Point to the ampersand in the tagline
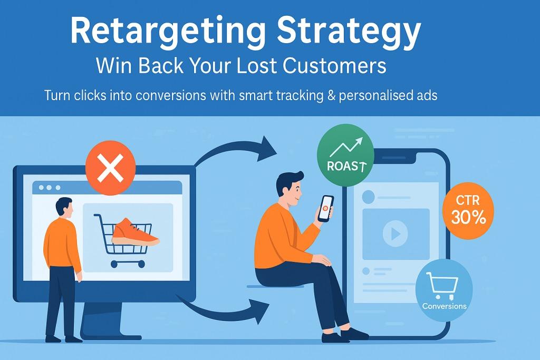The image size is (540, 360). coord(331,95)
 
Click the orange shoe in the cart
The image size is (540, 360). coord(135,232)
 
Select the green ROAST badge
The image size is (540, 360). coord(345,155)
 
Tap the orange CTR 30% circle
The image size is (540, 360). coord(468,210)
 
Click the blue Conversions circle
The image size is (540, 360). coord(444,290)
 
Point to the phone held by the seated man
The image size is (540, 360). coord(325,209)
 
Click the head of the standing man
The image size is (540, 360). coord(64,207)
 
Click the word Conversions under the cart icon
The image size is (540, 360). coord(444,306)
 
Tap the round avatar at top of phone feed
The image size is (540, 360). coord(368,197)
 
